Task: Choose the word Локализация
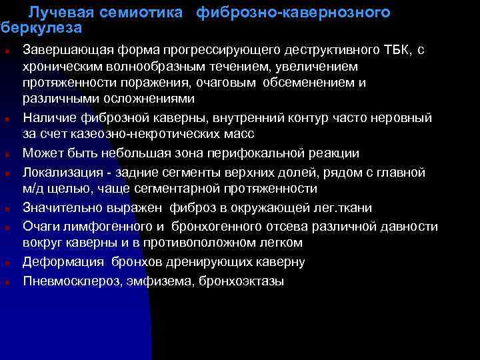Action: [59, 173]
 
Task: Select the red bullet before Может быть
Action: [5, 155]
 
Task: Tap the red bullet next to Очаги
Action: [5, 228]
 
